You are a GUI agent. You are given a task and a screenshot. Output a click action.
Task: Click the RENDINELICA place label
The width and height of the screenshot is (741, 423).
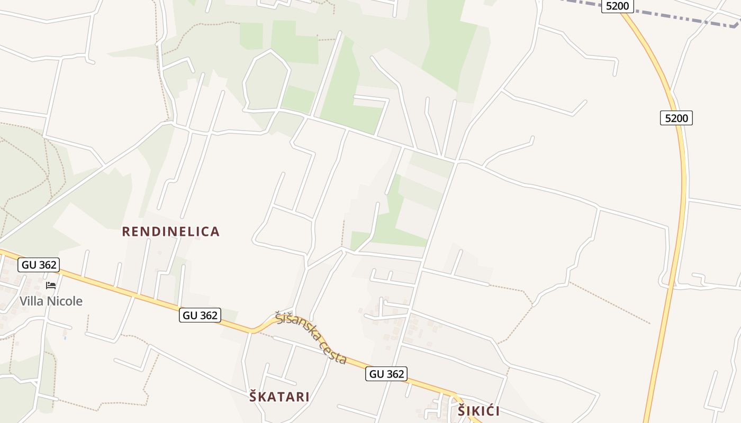pos(170,232)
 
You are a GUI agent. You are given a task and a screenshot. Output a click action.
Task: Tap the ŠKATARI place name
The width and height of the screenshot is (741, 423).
pos(279,397)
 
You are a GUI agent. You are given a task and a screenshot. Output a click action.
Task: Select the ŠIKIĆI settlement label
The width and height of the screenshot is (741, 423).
pos(478,411)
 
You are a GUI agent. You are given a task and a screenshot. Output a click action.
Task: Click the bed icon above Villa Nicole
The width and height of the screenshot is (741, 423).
pos(51,286)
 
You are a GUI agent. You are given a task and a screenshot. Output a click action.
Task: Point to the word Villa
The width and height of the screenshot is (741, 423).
pos(32,301)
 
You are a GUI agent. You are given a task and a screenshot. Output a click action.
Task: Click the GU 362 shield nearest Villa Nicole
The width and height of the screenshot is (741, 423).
pos(39,265)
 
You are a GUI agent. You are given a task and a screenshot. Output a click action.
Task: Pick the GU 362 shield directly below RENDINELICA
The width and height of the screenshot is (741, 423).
pos(200,315)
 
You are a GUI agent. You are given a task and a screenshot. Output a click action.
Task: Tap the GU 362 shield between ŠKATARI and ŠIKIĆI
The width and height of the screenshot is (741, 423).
pos(386,374)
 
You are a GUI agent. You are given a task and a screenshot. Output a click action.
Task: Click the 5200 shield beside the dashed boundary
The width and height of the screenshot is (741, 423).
pos(617,6)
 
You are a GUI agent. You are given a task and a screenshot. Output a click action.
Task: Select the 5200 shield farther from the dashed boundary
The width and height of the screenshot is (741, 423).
pos(676,118)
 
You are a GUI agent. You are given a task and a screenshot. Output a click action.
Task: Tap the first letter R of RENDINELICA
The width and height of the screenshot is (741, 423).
pos(126,232)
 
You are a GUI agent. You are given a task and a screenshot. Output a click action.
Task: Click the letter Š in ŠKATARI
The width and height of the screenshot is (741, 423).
pos(254,397)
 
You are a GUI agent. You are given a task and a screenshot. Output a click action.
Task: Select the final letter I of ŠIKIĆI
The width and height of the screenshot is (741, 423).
pos(497,411)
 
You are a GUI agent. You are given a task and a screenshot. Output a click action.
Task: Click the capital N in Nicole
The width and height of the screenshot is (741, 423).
pos(52,301)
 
